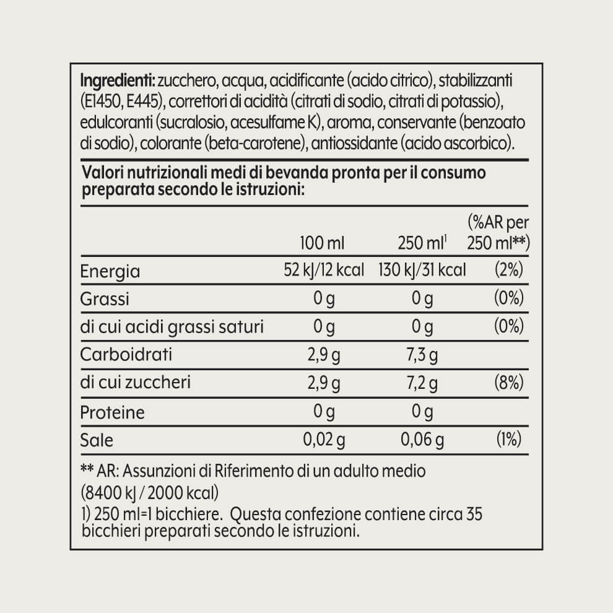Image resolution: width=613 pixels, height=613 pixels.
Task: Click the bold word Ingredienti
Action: pyautogui.click(x=117, y=81)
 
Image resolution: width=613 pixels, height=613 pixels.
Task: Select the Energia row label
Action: pyautogui.click(x=111, y=271)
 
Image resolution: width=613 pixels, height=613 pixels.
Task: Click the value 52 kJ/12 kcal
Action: pyautogui.click(x=323, y=271)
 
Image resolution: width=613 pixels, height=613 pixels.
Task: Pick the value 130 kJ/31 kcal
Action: pyautogui.click(x=422, y=271)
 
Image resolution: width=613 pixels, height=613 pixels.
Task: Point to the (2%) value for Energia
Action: pyautogui.click(x=510, y=271)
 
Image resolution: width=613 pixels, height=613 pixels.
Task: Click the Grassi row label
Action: pyautogui.click(x=105, y=299)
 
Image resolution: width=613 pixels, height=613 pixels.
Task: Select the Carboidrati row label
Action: pyautogui.click(x=126, y=355)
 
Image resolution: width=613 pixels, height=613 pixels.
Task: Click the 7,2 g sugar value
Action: pyautogui.click(x=422, y=383)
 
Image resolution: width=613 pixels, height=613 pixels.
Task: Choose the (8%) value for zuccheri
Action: pyautogui.click(x=510, y=383)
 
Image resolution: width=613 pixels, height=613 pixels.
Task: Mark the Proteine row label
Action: pyautogui.click(x=113, y=412)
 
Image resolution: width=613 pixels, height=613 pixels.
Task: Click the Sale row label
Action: pyautogui.click(x=97, y=440)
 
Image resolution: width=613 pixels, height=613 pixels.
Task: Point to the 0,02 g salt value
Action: pyautogui.click(x=323, y=440)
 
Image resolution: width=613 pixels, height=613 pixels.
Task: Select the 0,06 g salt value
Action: pyautogui.click(x=422, y=440)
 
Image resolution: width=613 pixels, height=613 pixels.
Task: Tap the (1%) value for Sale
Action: pyautogui.click(x=510, y=440)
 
